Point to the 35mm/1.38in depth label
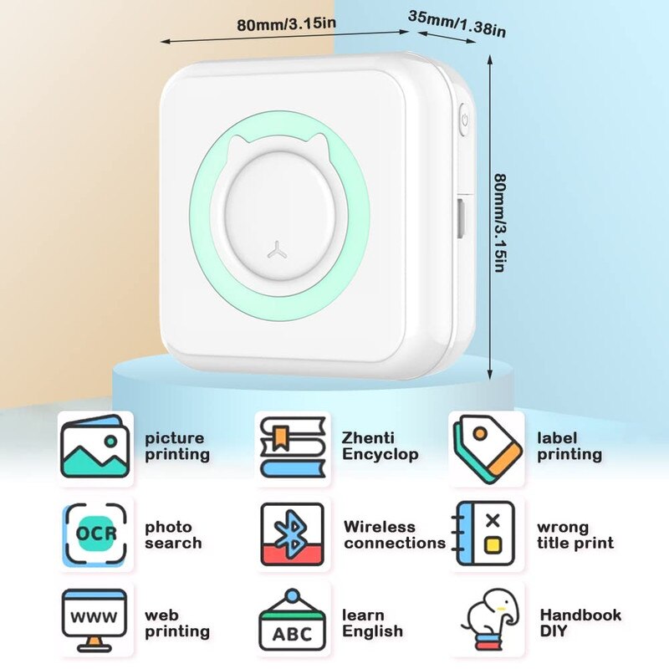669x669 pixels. pyautogui.click(x=458, y=23)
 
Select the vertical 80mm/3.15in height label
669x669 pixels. pyautogui.click(x=499, y=222)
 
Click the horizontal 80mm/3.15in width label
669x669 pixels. pyautogui.click(x=286, y=24)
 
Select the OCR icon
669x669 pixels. pyautogui.click(x=95, y=534)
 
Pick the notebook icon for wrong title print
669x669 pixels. pyautogui.click(x=485, y=534)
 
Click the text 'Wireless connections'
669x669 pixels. pyautogui.click(x=394, y=535)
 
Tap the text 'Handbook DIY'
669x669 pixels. pyautogui.click(x=580, y=623)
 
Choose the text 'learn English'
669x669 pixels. pyautogui.click(x=372, y=623)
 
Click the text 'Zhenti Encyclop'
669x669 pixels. pyautogui.click(x=380, y=447)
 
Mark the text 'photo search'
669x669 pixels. pyautogui.click(x=173, y=535)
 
